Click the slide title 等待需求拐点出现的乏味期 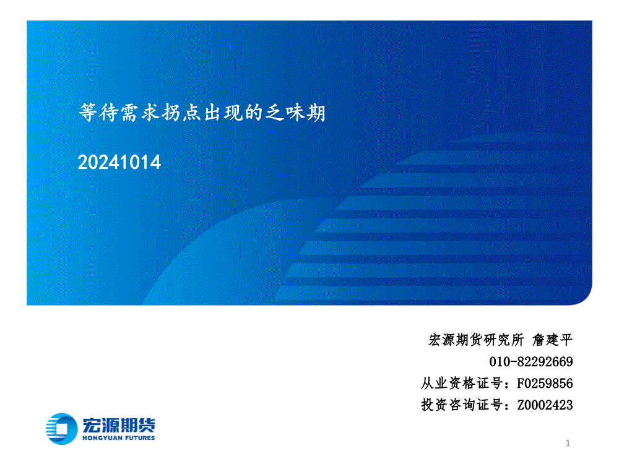202,113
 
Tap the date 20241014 119,162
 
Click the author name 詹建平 552,340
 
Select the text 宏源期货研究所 476,340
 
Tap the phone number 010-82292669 531,361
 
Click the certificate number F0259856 545,383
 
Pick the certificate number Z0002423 545,405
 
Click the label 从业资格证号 462,383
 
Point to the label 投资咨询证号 462,405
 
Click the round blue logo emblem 61,429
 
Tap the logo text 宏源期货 119,425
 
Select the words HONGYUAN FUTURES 118,438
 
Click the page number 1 568,443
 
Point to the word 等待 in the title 98,113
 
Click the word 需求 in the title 140,113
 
